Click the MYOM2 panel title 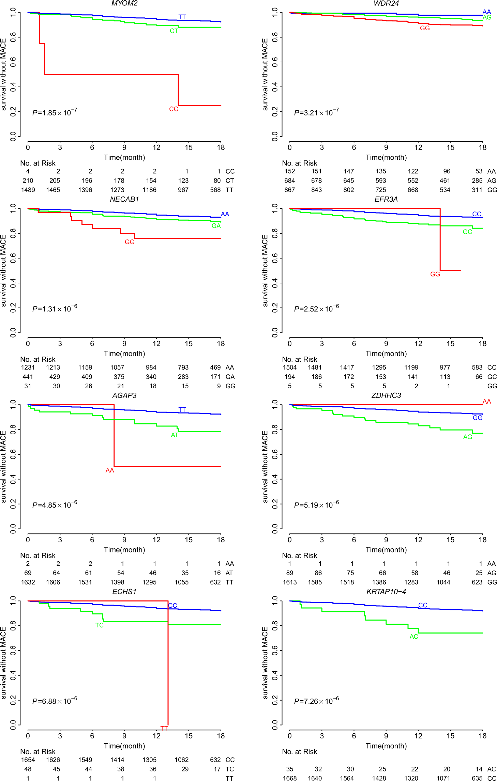pyautogui.click(x=124, y=3)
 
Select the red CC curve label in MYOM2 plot pyautogui.click(x=174, y=109)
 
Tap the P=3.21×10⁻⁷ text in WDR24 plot pyautogui.click(x=316, y=112)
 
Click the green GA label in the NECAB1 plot pyautogui.click(x=216, y=226)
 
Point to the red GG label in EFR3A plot pyautogui.click(x=435, y=274)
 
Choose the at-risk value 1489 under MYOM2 pyautogui.click(x=28, y=190)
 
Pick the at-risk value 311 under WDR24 pyautogui.click(x=477, y=190)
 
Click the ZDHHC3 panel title pyautogui.click(x=386, y=395)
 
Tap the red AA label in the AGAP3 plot pyautogui.click(x=109, y=470)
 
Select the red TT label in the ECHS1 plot pyautogui.click(x=164, y=728)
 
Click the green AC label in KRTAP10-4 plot pyautogui.click(x=413, y=637)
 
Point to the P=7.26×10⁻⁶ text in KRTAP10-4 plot pyautogui.click(x=316, y=701)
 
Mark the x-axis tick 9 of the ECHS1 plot pyautogui.click(x=124, y=736)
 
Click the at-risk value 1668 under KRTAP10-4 pyautogui.click(x=290, y=778)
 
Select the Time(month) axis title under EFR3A pyautogui.click(x=386, y=354)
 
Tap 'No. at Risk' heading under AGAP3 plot pyautogui.click(x=38, y=556)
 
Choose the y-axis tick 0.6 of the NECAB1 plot pyautogui.click(x=13, y=258)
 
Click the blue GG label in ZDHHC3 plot pyautogui.click(x=477, y=418)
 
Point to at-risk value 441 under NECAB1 pyautogui.click(x=28, y=377)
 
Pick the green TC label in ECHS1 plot pyautogui.click(x=99, y=625)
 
